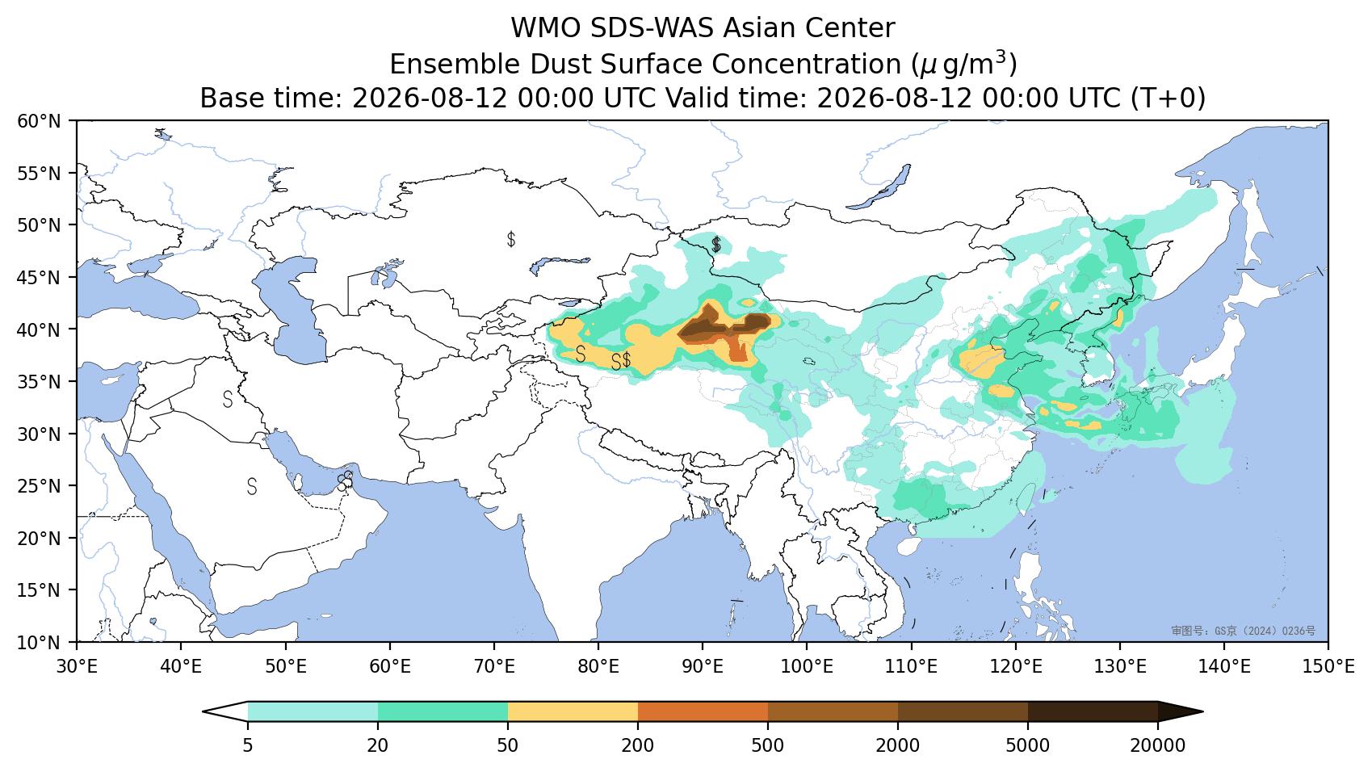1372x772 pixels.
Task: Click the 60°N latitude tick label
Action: [x=40, y=121]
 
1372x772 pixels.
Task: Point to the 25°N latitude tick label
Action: [x=40, y=486]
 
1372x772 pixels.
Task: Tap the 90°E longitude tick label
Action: [x=702, y=666]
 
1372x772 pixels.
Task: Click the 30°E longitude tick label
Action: [x=77, y=666]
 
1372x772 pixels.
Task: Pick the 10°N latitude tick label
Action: [x=40, y=643]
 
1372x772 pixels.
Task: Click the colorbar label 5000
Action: [x=1028, y=745]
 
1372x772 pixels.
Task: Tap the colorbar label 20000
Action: [x=1158, y=745]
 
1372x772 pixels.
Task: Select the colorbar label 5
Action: [x=247, y=745]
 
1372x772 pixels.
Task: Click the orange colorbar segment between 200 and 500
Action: [x=703, y=712]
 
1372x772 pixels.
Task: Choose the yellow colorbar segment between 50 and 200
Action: [x=573, y=712]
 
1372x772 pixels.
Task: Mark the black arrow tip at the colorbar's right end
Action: [x=1203, y=712]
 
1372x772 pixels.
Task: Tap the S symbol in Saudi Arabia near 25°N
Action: [x=252, y=486]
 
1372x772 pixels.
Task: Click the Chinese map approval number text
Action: [x=1244, y=631]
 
